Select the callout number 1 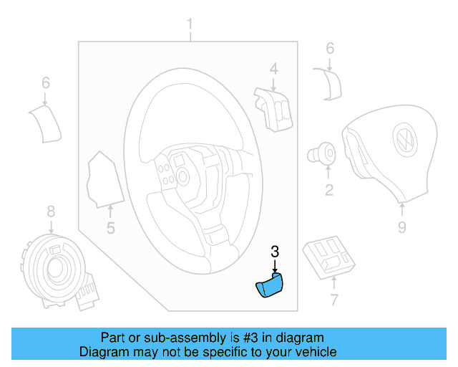(x=190, y=27)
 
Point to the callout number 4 (x=273, y=68)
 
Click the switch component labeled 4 (x=271, y=108)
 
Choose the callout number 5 (x=111, y=229)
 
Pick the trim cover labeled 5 (x=100, y=179)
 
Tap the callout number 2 (x=328, y=190)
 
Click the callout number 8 (x=50, y=211)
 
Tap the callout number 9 (x=401, y=227)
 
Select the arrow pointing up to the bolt (x=328, y=172)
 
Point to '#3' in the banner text (x=242, y=338)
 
